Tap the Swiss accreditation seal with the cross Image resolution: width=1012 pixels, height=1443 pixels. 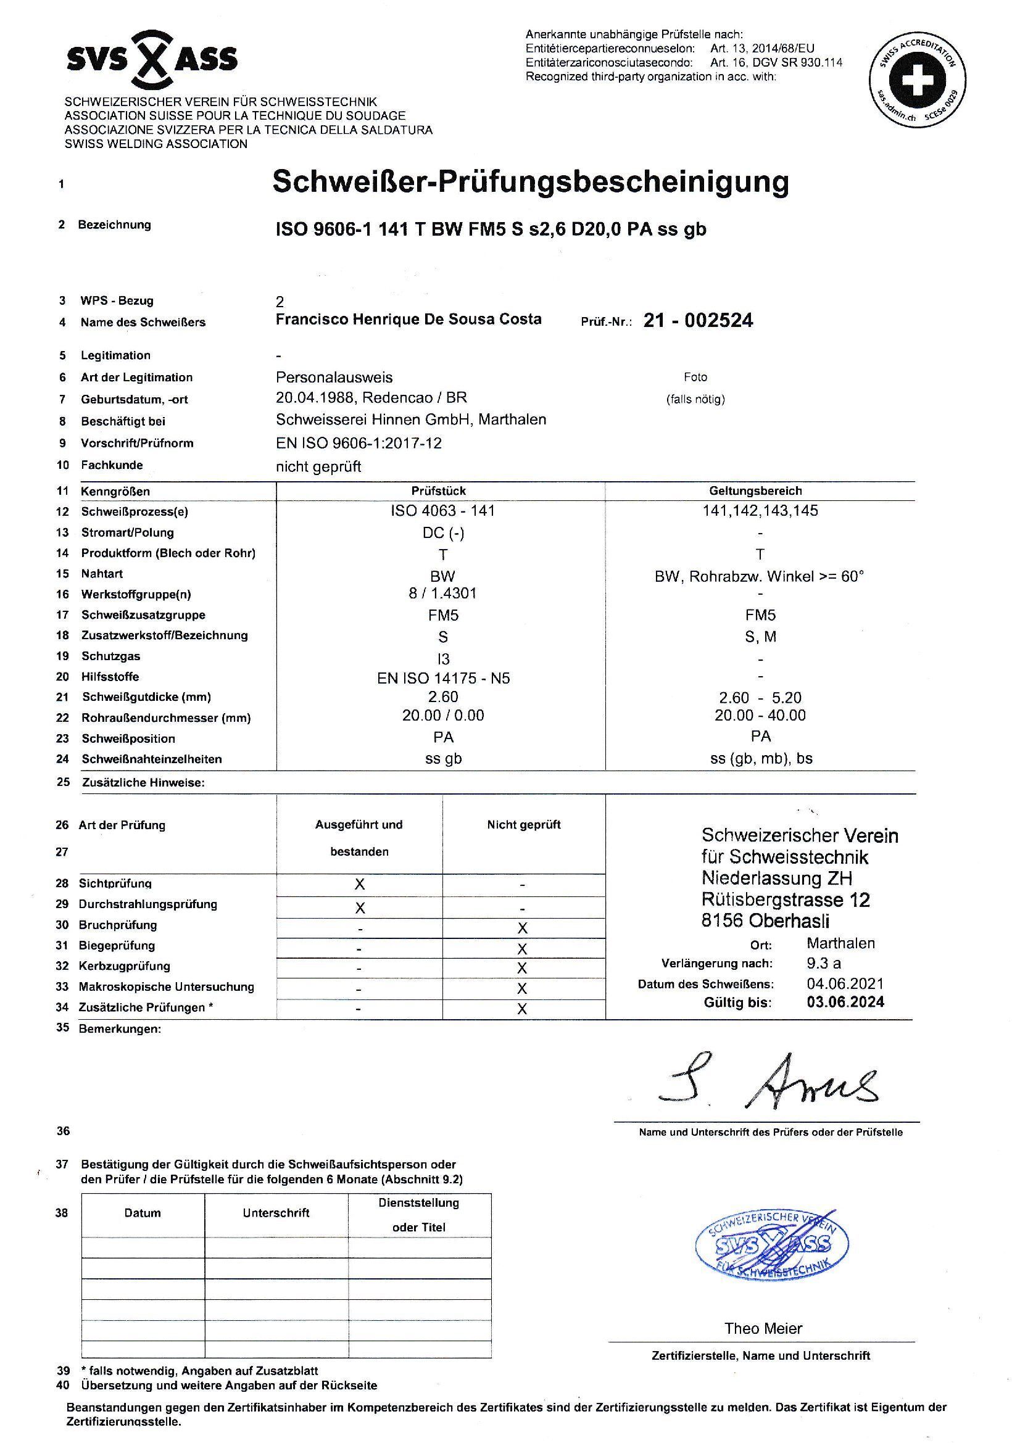tap(917, 80)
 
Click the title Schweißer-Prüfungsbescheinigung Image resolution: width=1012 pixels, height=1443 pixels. tap(530, 182)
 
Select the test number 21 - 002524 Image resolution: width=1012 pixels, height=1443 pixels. tap(698, 321)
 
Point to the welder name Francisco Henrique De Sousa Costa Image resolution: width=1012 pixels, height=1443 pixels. tap(409, 320)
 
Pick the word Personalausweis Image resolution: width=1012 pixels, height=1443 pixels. tap(334, 377)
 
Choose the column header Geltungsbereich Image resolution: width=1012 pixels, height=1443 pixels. tap(760, 491)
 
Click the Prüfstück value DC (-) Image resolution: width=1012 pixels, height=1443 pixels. tap(443, 533)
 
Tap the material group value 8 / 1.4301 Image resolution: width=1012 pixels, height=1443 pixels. tap(443, 593)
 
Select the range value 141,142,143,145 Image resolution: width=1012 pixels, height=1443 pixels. tap(760, 511)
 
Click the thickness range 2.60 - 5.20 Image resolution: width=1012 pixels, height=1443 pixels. tap(760, 698)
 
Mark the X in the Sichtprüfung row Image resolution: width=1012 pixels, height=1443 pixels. tap(360, 884)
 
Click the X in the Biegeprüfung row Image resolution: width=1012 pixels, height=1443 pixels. tap(521, 948)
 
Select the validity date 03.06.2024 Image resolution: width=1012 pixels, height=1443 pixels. tap(845, 1002)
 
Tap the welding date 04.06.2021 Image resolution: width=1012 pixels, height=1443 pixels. tap(845, 983)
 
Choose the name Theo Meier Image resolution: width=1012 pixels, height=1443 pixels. tap(763, 1328)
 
